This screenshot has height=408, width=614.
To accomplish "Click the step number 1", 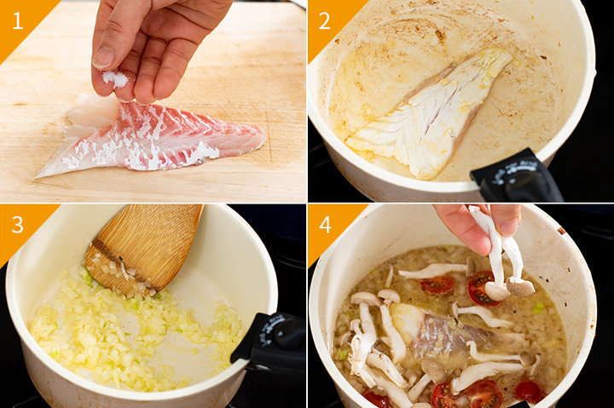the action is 17,21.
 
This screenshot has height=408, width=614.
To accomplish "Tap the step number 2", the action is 324,21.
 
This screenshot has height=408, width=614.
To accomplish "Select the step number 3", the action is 18,225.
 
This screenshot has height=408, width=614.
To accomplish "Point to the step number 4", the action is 325,225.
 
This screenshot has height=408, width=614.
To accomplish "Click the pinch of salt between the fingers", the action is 115,78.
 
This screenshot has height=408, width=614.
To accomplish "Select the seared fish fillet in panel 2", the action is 429,113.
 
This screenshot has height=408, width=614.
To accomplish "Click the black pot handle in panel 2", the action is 517,177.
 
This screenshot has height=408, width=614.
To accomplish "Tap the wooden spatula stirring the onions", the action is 145,249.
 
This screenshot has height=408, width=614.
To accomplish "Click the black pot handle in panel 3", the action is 270,341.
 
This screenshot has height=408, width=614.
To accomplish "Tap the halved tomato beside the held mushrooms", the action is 480,288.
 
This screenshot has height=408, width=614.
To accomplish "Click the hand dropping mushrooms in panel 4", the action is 476,227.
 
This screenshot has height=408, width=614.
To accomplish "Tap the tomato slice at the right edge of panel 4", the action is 529,391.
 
